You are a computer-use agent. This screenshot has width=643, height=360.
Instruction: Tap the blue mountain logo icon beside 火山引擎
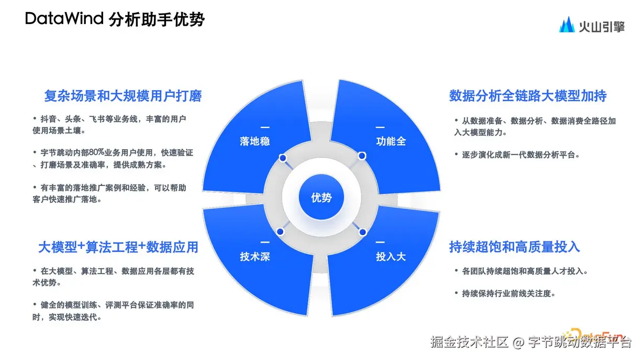coord(567,25)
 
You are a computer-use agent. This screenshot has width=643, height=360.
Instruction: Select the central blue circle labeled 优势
coord(321,198)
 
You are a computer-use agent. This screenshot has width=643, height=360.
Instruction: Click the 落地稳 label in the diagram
coord(254,141)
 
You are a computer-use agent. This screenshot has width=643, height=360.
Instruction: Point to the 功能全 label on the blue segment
coord(391,141)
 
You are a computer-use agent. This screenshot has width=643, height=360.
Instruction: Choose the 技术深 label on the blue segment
coord(254,257)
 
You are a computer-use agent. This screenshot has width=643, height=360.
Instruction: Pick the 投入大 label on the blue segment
coord(391,257)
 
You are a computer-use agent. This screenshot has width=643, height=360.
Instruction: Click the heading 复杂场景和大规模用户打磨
coord(123,96)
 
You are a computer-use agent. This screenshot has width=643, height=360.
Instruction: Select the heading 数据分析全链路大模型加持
coord(528,96)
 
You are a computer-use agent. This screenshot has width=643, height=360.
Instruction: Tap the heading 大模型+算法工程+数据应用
coord(118,247)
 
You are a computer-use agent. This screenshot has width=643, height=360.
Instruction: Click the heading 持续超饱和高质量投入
coord(515,247)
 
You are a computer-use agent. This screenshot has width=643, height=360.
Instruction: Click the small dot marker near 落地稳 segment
coord(283,158)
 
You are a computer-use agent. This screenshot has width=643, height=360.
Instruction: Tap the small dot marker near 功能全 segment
coord(361,156)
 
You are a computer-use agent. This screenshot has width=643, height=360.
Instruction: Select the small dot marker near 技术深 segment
coord(280,231)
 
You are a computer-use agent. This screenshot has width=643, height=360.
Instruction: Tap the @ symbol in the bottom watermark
coord(518,343)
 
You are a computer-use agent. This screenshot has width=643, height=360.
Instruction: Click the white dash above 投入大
coord(380,243)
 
